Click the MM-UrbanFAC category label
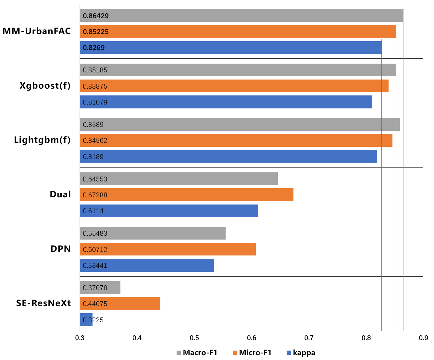pyautogui.click(x=37, y=31)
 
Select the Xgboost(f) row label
pyautogui.click(x=45, y=86)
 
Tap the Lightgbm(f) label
pyautogui.click(x=42, y=140)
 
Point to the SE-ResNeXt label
pyautogui.click(x=43, y=303)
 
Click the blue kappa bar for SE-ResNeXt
pyautogui.click(x=86, y=320)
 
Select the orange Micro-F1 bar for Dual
pyautogui.click(x=187, y=195)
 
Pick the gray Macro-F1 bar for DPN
pyautogui.click(x=153, y=233)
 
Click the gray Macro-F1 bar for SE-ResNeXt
pyautogui.click(x=100, y=288)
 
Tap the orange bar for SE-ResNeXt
pyautogui.click(x=120, y=304)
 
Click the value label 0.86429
pyautogui.click(x=96, y=16)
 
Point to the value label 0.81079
pyautogui.click(x=95, y=102)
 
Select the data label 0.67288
pyautogui.click(x=95, y=195)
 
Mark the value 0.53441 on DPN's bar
pyautogui.click(x=95, y=266)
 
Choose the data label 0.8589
pyautogui.click(x=93, y=125)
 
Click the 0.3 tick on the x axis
pyautogui.click(x=80, y=338)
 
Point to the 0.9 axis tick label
pyautogui.click(x=424, y=338)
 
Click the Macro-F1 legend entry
pyautogui.click(x=197, y=353)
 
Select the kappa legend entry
pyautogui.click(x=301, y=353)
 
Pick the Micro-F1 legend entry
pyautogui.click(x=252, y=353)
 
